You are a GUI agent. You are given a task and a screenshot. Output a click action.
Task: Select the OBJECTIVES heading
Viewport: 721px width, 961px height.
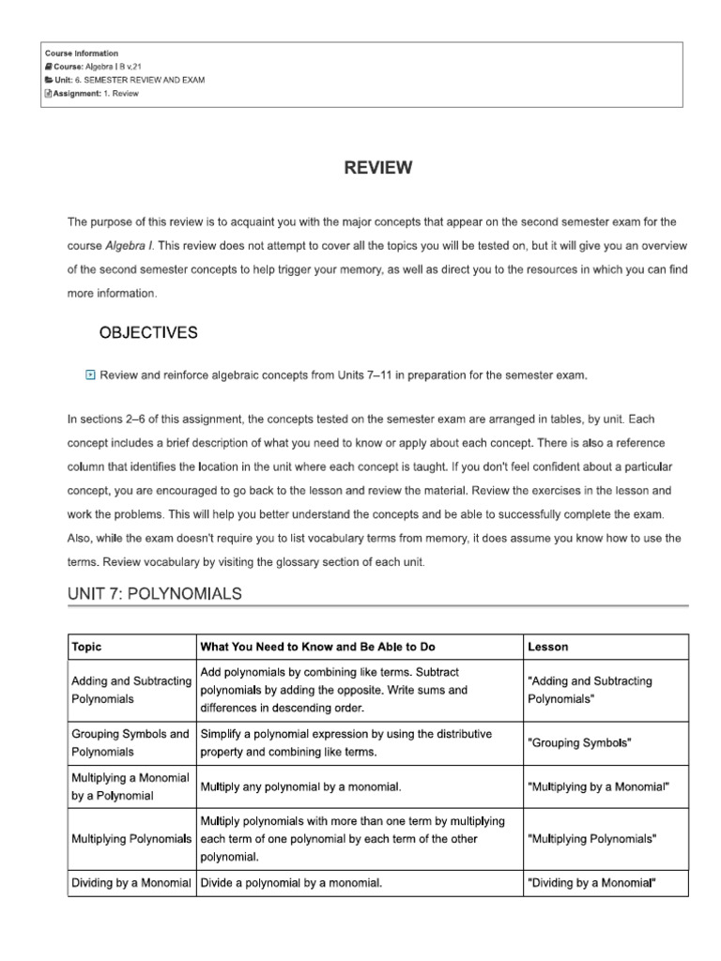148,332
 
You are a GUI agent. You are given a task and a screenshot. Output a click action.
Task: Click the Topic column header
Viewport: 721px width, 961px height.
86,647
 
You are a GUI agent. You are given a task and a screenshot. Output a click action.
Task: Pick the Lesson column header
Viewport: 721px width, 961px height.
547,647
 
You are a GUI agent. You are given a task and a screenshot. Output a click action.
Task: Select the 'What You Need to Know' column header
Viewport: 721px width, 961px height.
317,647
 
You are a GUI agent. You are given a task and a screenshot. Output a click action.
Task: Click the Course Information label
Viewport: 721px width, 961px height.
82,53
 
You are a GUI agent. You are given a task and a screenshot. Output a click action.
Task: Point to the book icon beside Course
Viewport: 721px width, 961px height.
48,67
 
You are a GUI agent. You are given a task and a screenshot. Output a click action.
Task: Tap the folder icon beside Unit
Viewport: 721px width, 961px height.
48,81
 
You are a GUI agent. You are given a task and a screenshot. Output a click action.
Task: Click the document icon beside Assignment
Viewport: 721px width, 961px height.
48,94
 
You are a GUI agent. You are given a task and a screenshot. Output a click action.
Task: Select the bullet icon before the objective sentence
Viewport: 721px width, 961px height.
90,375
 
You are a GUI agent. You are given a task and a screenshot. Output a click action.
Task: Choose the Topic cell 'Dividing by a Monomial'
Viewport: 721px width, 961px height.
131,882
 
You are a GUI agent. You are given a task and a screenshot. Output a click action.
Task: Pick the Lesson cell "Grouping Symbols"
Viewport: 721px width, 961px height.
579,742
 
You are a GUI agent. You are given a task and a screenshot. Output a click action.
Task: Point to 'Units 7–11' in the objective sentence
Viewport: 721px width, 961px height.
352,375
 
